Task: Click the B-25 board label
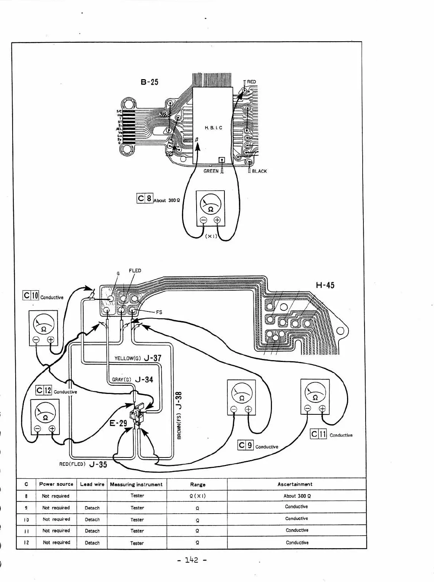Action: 149,82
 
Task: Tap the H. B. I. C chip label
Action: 213,128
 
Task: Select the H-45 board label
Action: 325,285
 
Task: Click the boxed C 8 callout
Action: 145,198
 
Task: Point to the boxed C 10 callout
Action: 31,295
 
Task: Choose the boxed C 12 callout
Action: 44,390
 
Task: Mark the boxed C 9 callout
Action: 246,445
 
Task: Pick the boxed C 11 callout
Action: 318,434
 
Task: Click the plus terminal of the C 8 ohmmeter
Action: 217,220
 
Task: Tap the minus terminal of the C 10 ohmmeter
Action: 36,339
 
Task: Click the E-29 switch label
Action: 118,423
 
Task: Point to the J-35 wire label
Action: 98,464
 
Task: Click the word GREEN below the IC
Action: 211,171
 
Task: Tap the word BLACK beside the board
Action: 259,171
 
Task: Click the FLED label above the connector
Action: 135,271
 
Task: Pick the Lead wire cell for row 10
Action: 92,520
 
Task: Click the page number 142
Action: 192,560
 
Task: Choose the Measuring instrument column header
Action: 136,484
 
